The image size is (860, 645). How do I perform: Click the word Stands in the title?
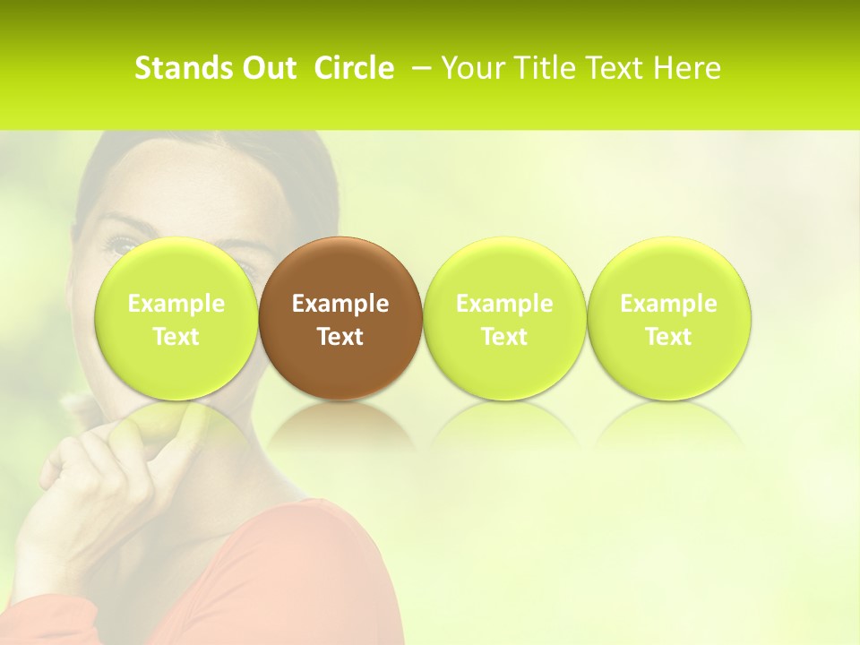coord(182,68)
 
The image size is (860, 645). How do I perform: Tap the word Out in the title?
coord(266,68)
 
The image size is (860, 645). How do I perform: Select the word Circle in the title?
coord(354,68)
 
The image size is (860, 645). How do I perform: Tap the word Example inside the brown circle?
coord(340,304)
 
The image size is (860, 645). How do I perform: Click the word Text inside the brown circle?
coord(340,337)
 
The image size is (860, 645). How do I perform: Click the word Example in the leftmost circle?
coord(176,304)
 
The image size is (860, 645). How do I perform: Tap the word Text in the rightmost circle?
coord(668,337)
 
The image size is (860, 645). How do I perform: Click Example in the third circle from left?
coord(504,304)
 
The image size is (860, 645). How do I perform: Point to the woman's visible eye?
coord(123,243)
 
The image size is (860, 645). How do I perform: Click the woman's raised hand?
coord(81,484)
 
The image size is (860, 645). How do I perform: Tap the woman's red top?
coord(296,582)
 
